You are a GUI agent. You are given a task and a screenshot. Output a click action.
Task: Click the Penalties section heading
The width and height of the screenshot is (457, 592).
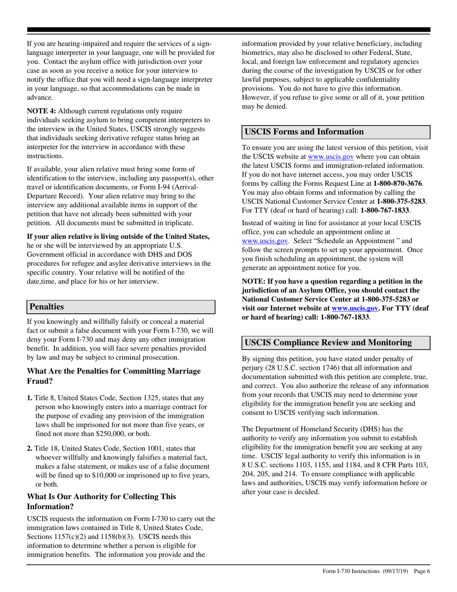[x=47, y=307]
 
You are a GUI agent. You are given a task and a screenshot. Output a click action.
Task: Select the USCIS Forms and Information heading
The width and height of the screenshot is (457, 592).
[x=304, y=132]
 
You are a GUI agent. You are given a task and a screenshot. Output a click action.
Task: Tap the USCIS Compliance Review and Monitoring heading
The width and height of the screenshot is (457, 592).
[x=328, y=342]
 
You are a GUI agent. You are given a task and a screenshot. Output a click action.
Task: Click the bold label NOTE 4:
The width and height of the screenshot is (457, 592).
[x=41, y=111]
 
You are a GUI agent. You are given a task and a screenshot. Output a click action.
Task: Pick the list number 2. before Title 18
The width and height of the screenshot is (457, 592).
[x=30, y=448]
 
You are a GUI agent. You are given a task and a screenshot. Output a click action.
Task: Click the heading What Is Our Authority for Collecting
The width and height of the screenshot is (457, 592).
[x=101, y=496]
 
